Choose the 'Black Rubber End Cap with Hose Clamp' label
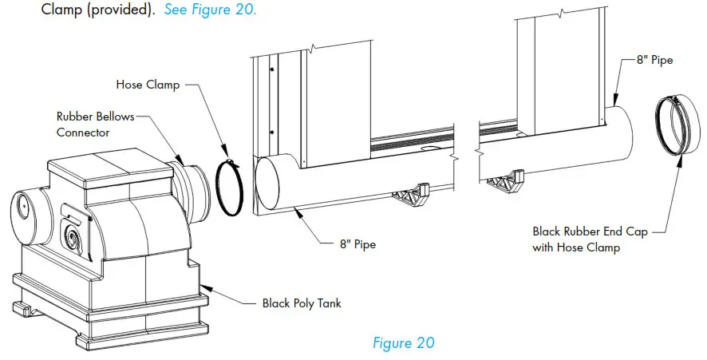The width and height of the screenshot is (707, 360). [x=590, y=239]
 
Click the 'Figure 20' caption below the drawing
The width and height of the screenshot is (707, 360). [x=403, y=342]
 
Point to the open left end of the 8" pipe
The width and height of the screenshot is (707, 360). [x=270, y=186]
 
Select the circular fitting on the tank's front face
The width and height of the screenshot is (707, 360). [x=72, y=238]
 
